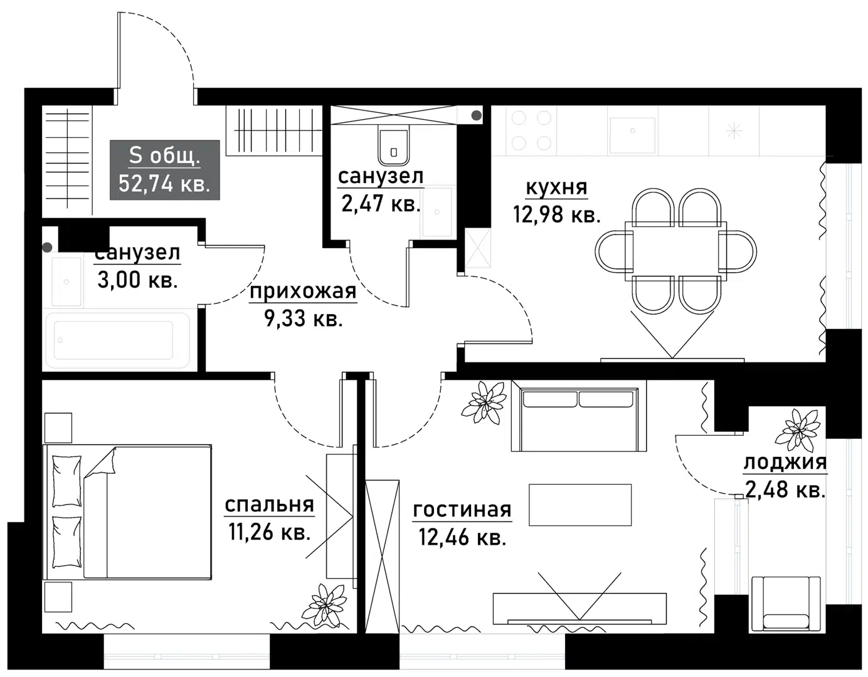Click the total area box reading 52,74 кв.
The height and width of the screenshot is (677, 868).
(164, 170)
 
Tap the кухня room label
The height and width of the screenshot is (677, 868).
(556, 187)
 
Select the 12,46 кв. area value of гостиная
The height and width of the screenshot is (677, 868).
(462, 537)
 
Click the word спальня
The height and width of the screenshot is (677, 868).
(269, 504)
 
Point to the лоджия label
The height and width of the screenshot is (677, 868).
(785, 463)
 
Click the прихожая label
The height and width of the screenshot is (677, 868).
(303, 291)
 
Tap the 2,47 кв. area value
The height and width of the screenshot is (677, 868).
(381, 204)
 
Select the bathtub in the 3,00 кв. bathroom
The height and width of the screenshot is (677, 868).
(114, 340)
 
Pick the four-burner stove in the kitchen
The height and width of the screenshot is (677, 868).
(531, 130)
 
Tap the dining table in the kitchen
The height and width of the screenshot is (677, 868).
(676, 249)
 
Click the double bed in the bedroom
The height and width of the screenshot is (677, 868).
(128, 512)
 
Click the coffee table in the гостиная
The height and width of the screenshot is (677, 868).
(580, 505)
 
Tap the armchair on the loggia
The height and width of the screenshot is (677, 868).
(785, 603)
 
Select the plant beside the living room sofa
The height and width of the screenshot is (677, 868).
(484, 402)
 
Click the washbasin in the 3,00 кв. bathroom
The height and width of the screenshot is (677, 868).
(66, 281)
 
